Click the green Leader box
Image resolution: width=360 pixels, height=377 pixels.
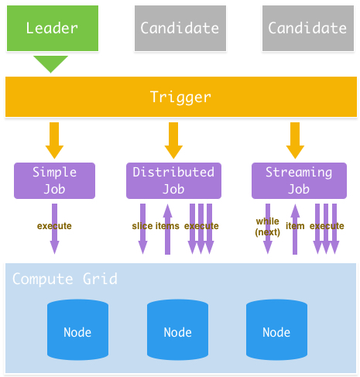(x=52, y=28)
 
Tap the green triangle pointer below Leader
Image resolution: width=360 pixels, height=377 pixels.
(x=51, y=63)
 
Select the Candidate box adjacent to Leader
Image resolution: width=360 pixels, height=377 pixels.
(x=180, y=28)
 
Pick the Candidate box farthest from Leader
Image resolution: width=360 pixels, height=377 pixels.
(x=307, y=28)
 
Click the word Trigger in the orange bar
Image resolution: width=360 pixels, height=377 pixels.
(x=180, y=98)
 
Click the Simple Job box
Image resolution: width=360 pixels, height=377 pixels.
(x=54, y=180)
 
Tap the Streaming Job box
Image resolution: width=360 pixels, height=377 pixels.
(x=298, y=180)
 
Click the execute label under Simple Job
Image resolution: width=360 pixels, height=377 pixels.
(x=54, y=226)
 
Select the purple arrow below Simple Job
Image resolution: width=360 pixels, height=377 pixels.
(x=54, y=240)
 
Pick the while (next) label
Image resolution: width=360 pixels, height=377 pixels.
(x=267, y=226)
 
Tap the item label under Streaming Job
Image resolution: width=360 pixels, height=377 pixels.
(x=295, y=226)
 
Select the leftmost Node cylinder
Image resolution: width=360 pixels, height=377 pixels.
(x=77, y=331)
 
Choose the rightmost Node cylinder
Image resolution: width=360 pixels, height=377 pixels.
(x=276, y=331)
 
